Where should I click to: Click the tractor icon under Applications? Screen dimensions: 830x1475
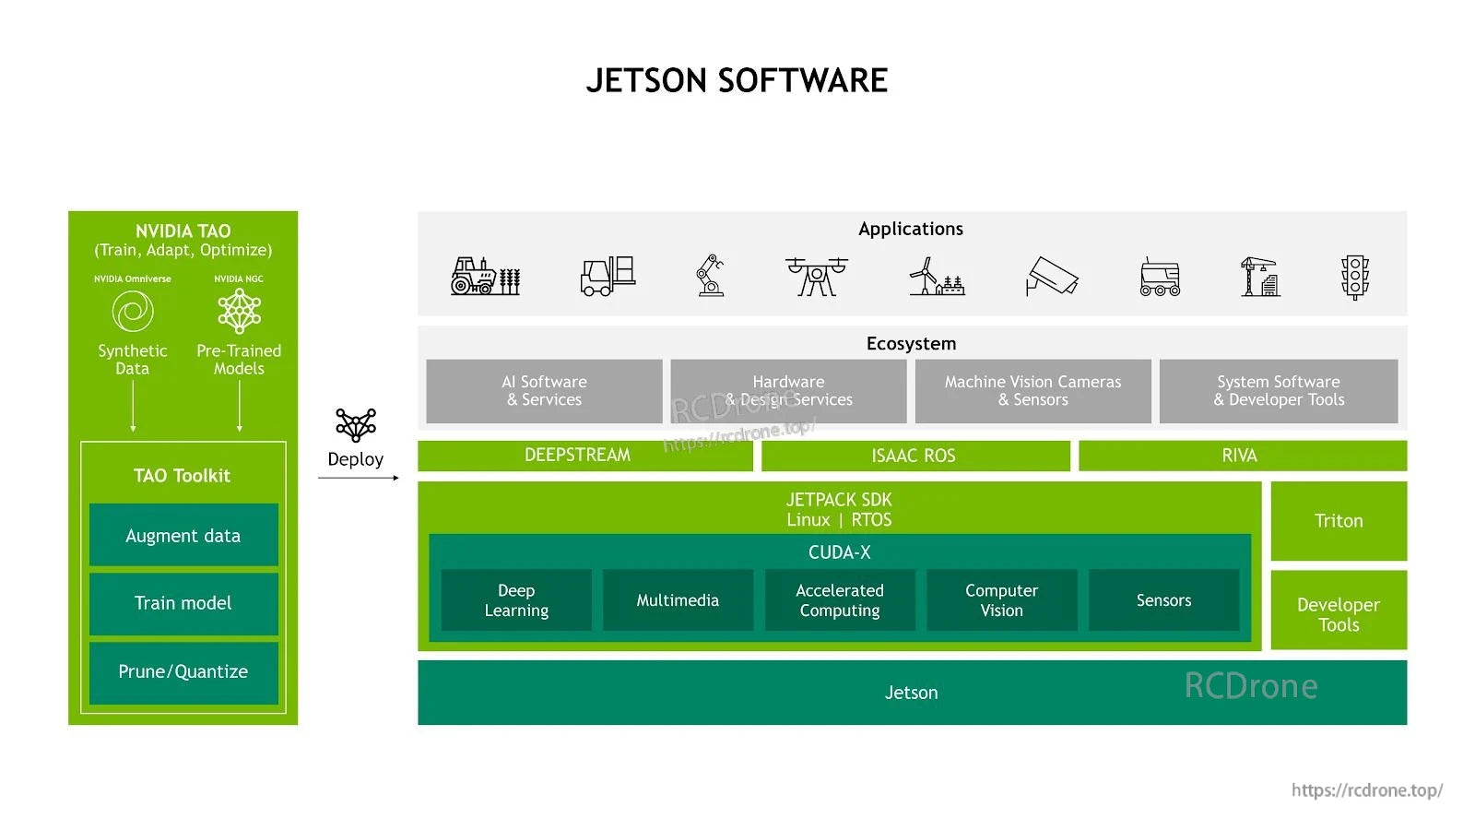tap(485, 276)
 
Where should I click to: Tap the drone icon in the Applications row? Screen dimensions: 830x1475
tap(816, 276)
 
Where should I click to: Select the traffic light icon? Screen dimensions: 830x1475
tap(1354, 277)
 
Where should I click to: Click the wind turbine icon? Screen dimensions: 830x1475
tap(935, 277)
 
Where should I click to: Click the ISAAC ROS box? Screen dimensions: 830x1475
tap(914, 456)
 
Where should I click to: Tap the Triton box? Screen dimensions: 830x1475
tap(1338, 521)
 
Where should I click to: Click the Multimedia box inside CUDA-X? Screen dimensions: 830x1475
tap(678, 600)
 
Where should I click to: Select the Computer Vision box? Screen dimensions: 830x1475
tap(1001, 600)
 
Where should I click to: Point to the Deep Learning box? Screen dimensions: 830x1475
tap(516, 600)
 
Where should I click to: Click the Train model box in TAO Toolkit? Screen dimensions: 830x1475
tap(183, 604)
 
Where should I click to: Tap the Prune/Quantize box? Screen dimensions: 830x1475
tap(183, 672)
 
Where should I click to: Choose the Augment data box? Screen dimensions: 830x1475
tap(183, 536)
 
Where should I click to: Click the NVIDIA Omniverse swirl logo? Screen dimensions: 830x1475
tap(133, 311)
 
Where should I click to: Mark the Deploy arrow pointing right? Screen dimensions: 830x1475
tap(359, 478)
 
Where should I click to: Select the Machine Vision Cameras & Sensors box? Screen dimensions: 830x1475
tap(1032, 391)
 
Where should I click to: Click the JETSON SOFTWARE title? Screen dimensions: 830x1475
tap(737, 81)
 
